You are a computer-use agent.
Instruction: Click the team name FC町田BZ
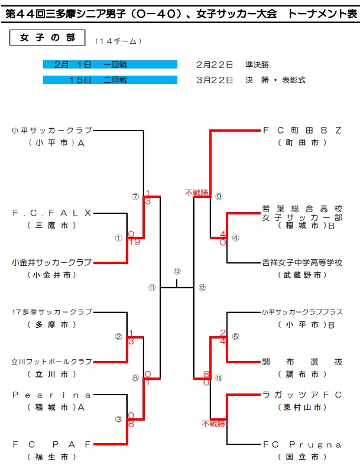click(302, 131)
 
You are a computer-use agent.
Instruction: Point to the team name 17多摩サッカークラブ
click(52, 311)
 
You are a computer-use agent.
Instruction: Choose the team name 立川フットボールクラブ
click(52, 361)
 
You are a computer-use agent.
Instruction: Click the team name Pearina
click(52, 394)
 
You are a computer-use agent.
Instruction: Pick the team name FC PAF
click(52, 444)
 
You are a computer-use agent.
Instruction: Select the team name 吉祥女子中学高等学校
click(302, 262)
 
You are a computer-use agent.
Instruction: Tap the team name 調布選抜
click(302, 361)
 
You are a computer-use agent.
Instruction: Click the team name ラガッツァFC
click(302, 394)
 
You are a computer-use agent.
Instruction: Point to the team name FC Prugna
click(302, 444)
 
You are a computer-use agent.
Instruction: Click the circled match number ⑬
click(177, 271)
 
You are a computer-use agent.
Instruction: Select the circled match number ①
click(118, 238)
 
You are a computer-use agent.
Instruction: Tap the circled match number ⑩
click(219, 378)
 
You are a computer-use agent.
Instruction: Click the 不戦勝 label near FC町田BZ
click(197, 193)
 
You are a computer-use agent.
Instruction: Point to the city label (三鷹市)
click(52, 226)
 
